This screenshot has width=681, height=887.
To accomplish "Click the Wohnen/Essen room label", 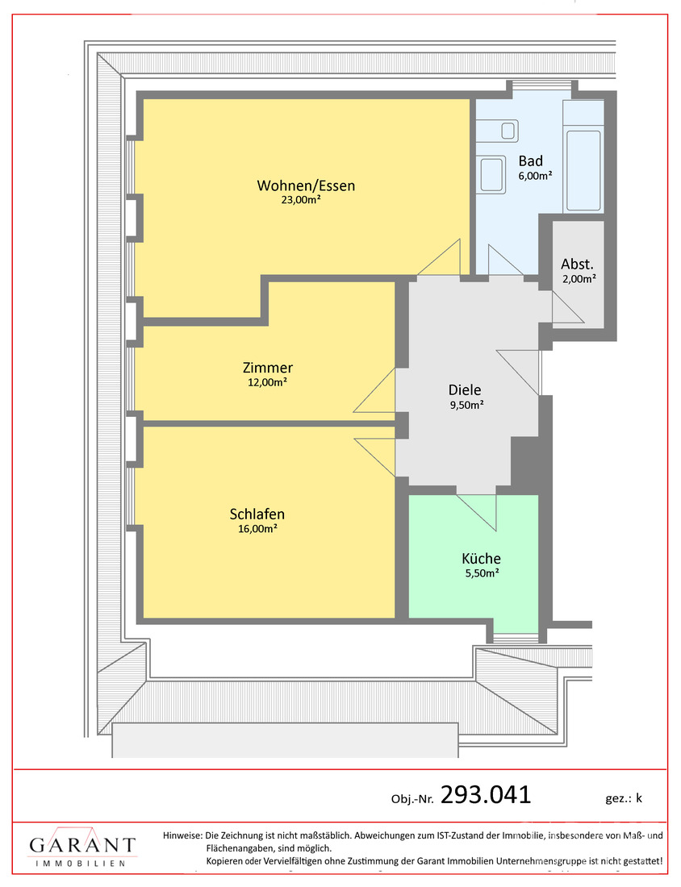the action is [x=306, y=185].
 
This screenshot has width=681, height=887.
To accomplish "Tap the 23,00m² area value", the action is [x=301, y=200].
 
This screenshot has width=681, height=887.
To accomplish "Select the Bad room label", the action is [x=530, y=161].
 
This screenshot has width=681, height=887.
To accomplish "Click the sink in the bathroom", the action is [x=492, y=175].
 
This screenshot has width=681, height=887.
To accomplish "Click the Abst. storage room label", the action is [x=577, y=264].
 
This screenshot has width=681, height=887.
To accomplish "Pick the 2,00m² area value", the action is [x=579, y=279].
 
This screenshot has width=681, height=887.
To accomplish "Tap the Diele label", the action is [x=465, y=389].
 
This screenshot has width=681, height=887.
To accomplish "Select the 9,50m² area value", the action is [x=467, y=405].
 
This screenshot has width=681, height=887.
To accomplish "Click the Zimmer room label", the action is [x=268, y=368].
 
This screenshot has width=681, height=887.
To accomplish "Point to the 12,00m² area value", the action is [x=267, y=382].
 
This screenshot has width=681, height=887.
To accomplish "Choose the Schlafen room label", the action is [x=257, y=514].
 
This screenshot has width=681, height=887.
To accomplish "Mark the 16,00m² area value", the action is [x=257, y=529].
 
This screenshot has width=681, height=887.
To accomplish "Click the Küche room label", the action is [x=481, y=558].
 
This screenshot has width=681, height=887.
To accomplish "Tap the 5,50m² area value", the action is [x=483, y=573].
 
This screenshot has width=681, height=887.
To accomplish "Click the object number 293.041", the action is [x=486, y=795].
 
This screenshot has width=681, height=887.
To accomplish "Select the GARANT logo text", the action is [x=82, y=845].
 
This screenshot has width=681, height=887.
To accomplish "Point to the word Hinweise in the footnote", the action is [x=182, y=835].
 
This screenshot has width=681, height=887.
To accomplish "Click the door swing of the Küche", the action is [x=476, y=513].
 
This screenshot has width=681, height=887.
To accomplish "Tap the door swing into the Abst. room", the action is [x=568, y=307].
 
